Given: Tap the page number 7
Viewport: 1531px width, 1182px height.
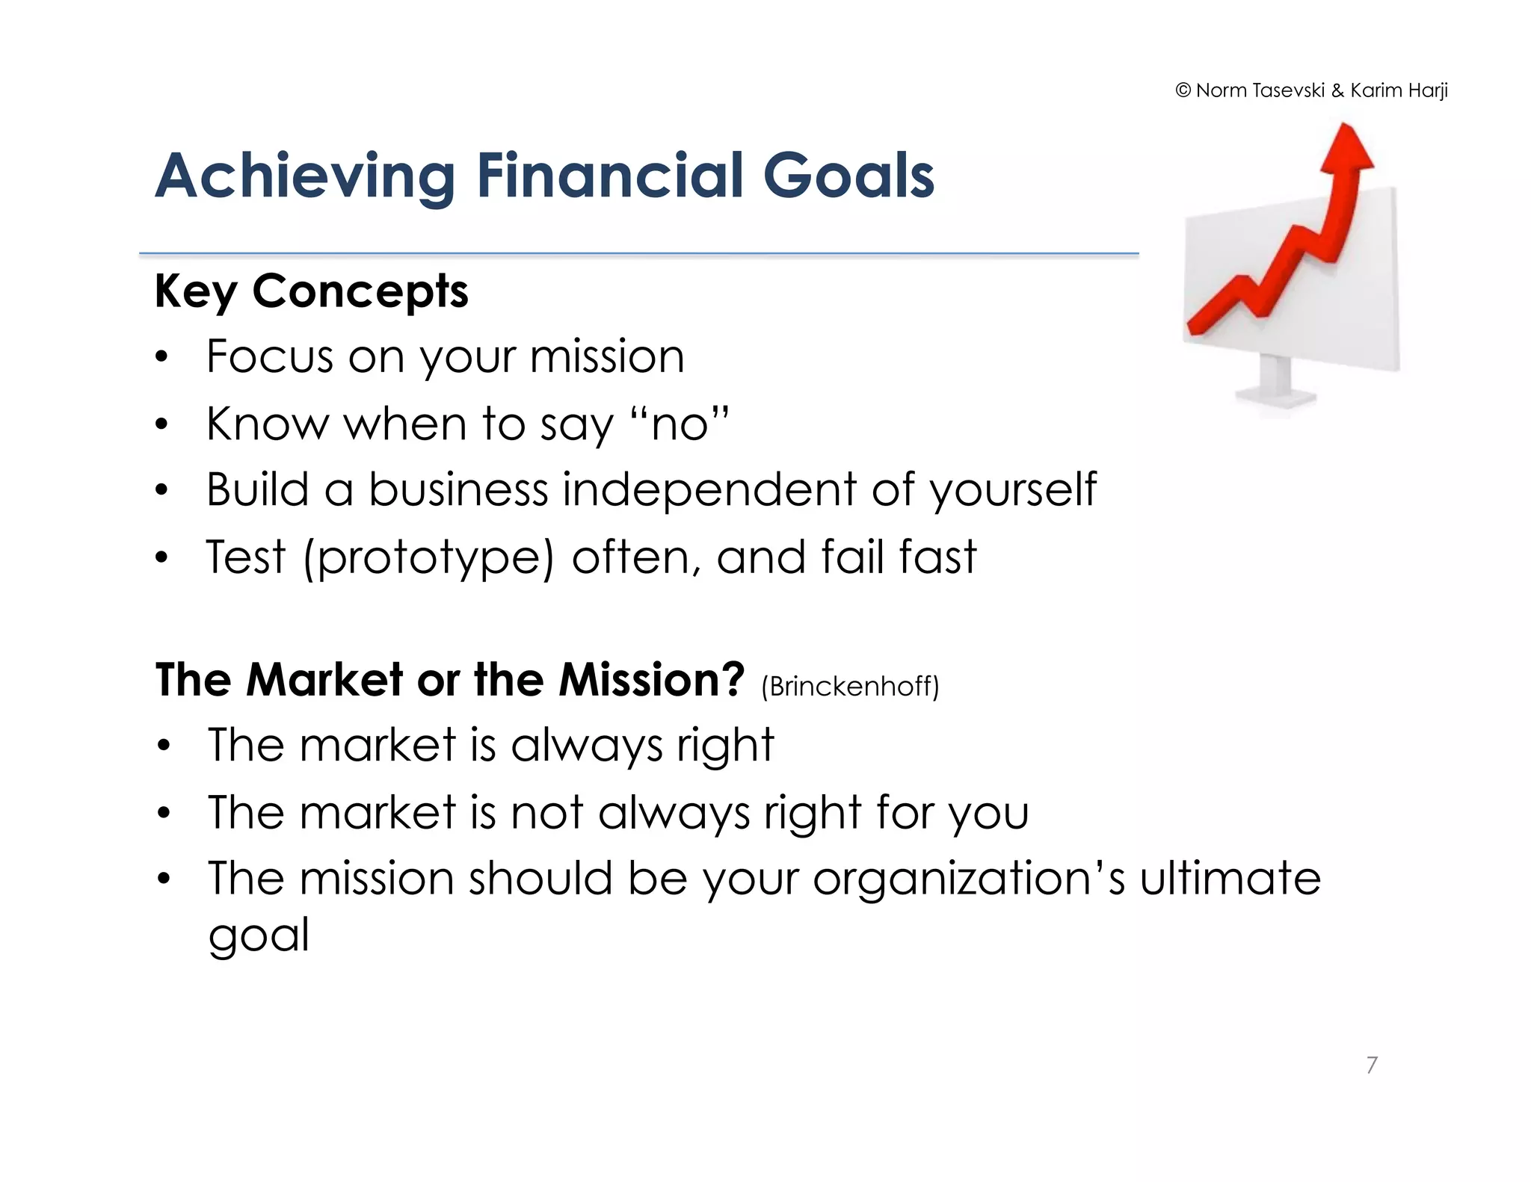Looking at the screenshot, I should (x=1372, y=1065).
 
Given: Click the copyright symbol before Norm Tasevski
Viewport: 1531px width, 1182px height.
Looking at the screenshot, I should (x=1183, y=91).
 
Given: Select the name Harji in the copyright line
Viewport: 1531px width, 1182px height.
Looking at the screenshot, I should (x=1428, y=91).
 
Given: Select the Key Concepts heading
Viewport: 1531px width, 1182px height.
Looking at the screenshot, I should (x=311, y=291).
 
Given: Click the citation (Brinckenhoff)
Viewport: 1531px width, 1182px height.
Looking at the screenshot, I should (x=850, y=686).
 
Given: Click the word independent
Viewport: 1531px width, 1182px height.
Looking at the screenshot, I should (x=709, y=490).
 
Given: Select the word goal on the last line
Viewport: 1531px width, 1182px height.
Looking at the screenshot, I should (x=259, y=935).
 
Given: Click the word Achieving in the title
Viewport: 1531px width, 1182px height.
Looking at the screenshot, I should (x=305, y=177).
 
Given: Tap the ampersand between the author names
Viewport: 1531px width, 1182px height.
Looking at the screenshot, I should (x=1337, y=91).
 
